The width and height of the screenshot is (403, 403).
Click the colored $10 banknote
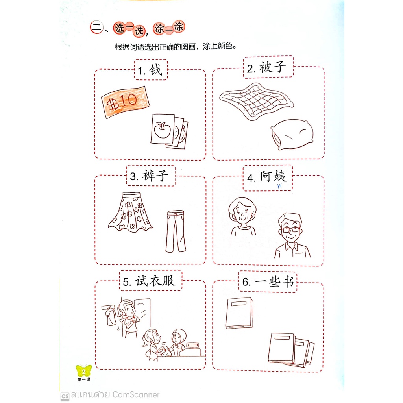click(126, 102)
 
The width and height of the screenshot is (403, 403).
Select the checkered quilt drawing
click(257, 101)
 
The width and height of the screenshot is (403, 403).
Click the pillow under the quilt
click(292, 134)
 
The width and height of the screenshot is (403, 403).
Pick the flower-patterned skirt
click(131, 212)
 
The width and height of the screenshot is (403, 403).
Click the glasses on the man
click(290, 229)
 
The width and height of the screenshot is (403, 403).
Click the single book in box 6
click(239, 313)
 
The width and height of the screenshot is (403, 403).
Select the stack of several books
click(291, 350)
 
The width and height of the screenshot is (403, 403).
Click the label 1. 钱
click(150, 70)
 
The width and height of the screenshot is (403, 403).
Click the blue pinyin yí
click(279, 185)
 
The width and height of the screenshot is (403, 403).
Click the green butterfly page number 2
click(83, 371)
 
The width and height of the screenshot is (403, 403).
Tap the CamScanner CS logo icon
click(65, 396)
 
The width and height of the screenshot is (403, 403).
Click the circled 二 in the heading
click(97, 27)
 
